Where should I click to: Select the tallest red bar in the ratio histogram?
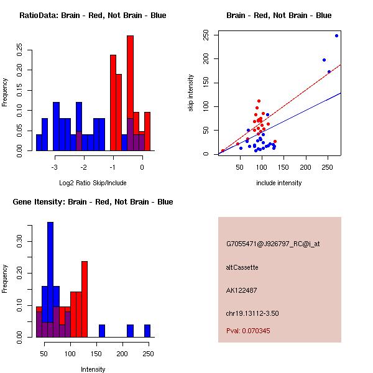coord(130,93)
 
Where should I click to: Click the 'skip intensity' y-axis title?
coord(191,93)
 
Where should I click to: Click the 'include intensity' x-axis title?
coord(279,183)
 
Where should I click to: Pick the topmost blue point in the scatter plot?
coord(336,35)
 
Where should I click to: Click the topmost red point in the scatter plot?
coord(259,101)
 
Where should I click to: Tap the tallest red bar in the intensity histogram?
coord(85,299)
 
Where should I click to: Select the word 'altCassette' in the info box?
coord(242,267)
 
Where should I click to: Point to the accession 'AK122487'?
coord(242,290)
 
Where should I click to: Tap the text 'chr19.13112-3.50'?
coord(252,313)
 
